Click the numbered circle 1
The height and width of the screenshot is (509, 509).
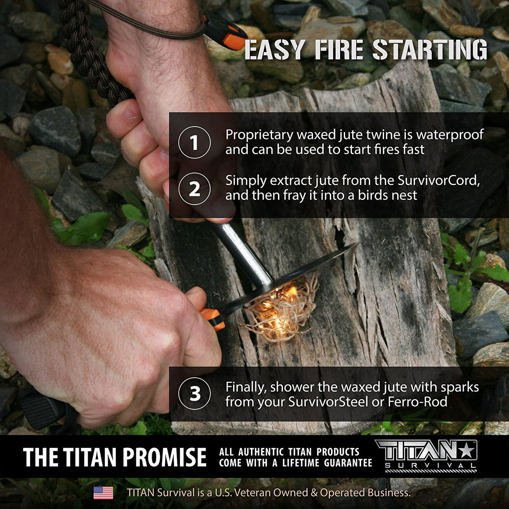[x=195, y=143]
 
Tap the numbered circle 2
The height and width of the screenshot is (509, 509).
[x=195, y=189]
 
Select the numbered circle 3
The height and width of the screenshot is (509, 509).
[x=195, y=394]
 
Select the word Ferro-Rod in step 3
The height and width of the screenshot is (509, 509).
[x=417, y=402]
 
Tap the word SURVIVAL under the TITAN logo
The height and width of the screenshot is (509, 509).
[x=431, y=466]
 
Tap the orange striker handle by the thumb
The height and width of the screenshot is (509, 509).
[x=213, y=319]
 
